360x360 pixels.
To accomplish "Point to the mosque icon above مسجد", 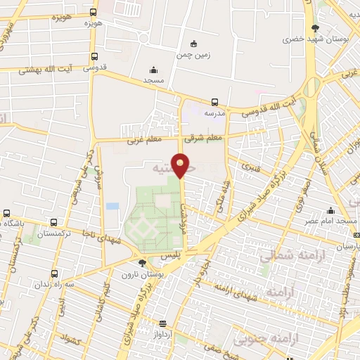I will click(153, 70).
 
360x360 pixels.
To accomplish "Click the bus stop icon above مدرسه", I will click(214, 101).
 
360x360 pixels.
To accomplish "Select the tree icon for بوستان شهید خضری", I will click(314, 29).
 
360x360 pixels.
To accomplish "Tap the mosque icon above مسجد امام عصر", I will click(330, 210).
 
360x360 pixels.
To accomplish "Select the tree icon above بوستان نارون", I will click(143, 262).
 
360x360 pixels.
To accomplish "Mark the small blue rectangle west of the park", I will click(112, 206).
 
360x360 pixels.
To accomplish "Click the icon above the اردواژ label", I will click(163, 323).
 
